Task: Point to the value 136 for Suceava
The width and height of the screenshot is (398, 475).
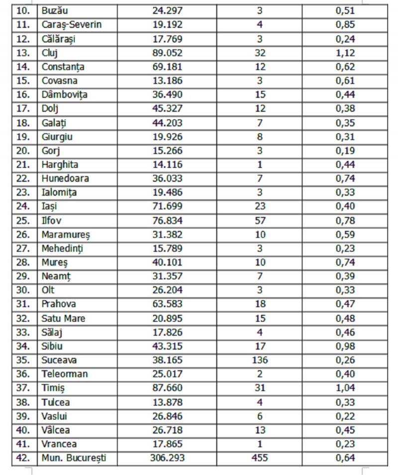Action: click(260, 360)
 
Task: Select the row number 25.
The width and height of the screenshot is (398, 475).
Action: click(24, 220)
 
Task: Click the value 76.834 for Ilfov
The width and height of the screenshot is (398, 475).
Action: click(167, 220)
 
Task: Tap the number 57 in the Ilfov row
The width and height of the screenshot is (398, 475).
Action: click(260, 220)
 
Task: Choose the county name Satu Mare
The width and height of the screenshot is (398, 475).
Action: click(64, 319)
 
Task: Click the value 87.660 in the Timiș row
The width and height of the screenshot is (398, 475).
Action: click(167, 388)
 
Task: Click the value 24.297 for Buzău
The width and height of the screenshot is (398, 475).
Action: click(167, 10)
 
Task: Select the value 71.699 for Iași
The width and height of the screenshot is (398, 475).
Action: click(167, 206)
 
